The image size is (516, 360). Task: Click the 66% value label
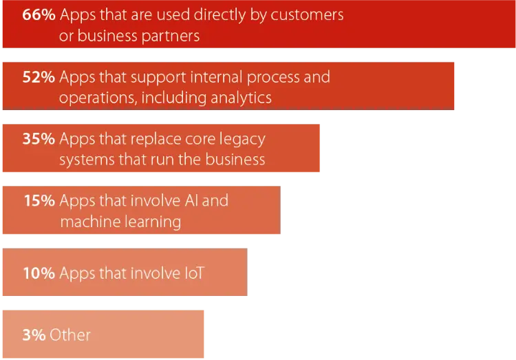point(39,15)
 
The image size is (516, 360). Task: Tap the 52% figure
point(39,77)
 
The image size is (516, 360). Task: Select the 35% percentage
point(39,138)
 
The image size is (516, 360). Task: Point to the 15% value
point(39,200)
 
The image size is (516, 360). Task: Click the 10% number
point(39,273)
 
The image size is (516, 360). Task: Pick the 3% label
point(34,335)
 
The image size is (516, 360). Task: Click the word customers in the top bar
point(306,15)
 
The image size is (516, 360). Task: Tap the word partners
point(171,36)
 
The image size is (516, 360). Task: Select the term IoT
point(194,273)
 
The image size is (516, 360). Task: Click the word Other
point(69,335)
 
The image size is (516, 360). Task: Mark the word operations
point(98,98)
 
